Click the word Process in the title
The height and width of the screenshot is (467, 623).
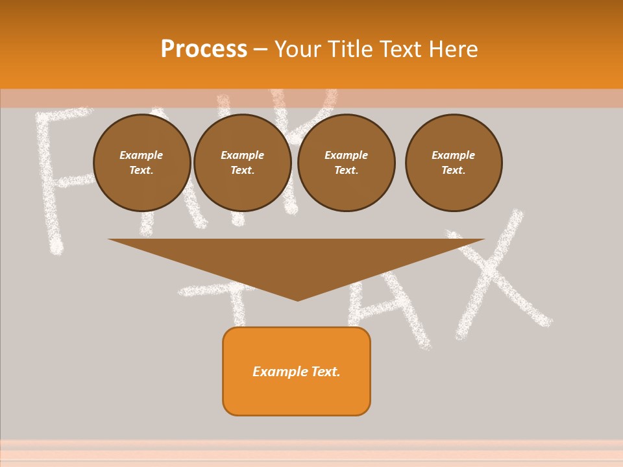coord(204,49)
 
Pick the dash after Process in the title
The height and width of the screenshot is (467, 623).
coord(261,50)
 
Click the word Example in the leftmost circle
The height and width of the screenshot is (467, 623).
coord(141,155)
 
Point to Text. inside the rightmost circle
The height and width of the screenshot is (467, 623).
coord(454,170)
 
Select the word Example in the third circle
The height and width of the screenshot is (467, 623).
coord(347,155)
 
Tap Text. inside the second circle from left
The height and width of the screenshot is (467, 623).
coord(243,170)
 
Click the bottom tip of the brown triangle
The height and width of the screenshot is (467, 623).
coord(297,299)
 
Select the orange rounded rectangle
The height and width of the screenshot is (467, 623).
coord(297,396)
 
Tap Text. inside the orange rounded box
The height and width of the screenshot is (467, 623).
coord(326,372)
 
